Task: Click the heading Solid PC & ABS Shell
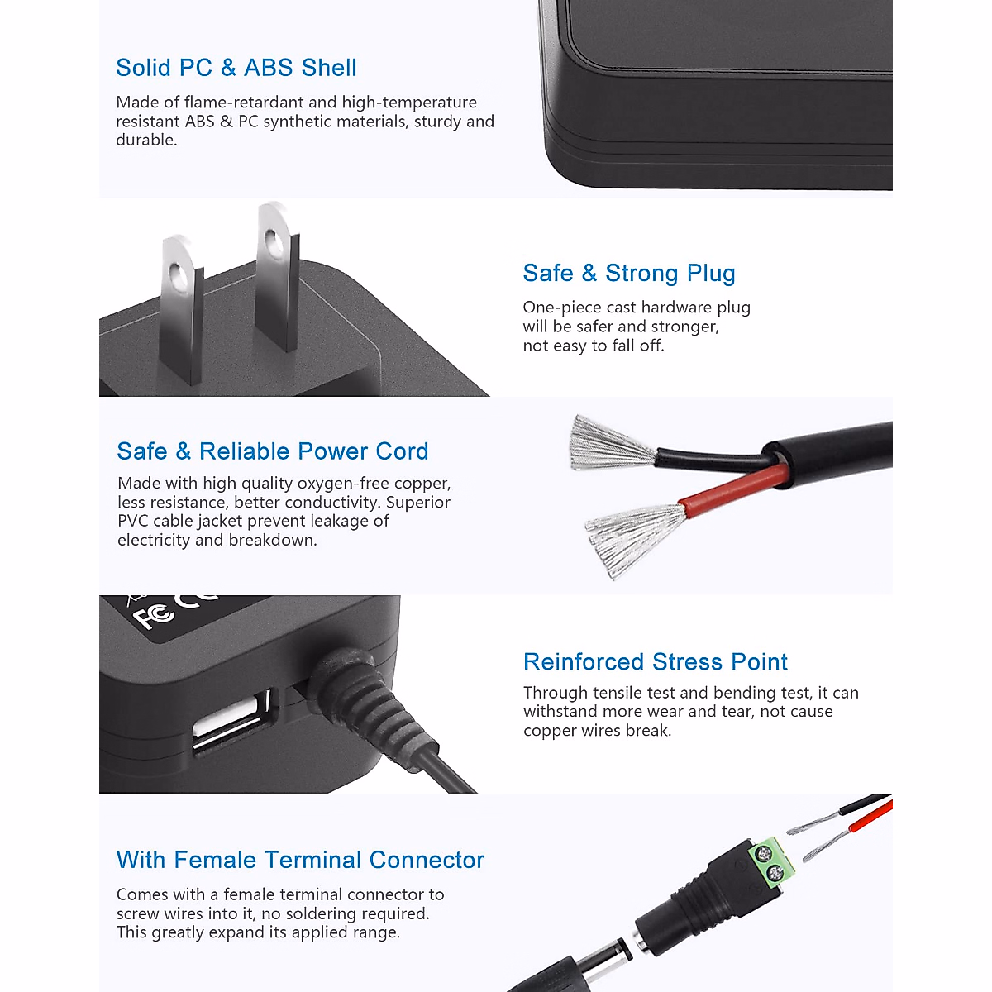(x=236, y=68)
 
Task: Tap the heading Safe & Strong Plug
(x=628, y=273)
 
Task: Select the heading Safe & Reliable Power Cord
(x=273, y=451)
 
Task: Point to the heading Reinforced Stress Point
(x=655, y=662)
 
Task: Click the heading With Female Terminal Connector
(x=300, y=860)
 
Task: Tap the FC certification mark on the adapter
(x=154, y=616)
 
